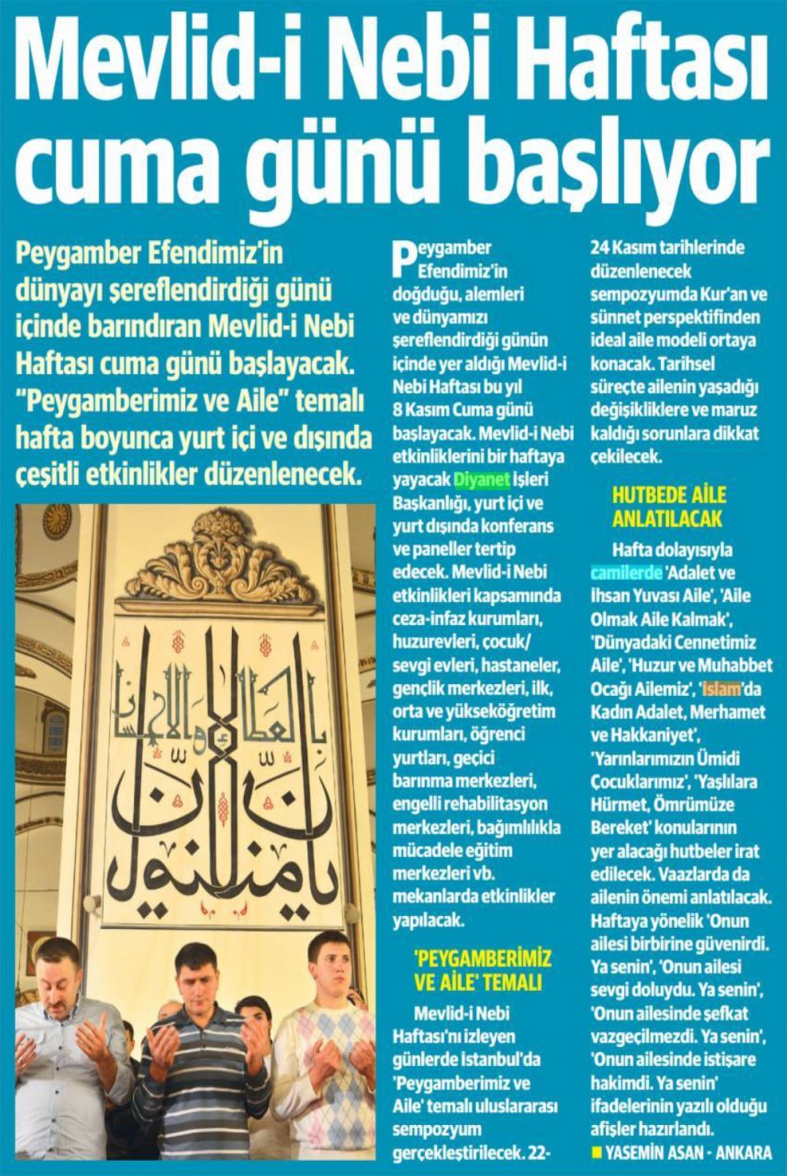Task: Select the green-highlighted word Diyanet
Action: [483, 479]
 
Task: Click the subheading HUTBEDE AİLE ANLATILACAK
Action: [669, 507]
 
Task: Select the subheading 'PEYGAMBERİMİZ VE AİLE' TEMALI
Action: [482, 970]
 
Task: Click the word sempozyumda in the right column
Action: [642, 295]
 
